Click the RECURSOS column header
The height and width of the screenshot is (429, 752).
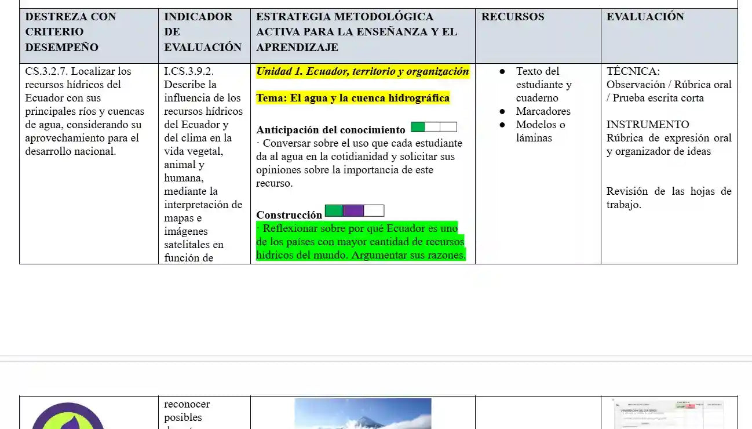(513, 17)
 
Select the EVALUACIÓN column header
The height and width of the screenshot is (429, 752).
(645, 17)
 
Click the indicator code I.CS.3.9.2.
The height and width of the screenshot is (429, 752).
(189, 71)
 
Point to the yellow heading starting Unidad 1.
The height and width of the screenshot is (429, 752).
(363, 71)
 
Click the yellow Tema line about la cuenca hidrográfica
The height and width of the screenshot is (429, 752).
(353, 98)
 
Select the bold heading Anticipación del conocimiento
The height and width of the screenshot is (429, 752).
(331, 130)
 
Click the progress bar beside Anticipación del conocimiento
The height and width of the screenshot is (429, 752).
(434, 127)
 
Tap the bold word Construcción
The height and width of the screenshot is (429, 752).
(289, 215)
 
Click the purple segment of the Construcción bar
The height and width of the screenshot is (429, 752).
(353, 210)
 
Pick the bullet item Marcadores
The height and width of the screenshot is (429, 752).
(543, 111)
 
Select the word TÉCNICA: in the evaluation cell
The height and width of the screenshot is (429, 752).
(633, 71)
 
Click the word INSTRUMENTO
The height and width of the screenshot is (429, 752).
(648, 125)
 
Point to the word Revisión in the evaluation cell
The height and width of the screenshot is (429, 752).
(627, 191)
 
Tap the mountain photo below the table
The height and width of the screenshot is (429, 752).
(363, 413)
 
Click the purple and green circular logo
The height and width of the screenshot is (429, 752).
(68, 417)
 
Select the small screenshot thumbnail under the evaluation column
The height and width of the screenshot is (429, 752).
(669, 413)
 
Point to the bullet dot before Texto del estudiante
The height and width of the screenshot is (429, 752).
(503, 71)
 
